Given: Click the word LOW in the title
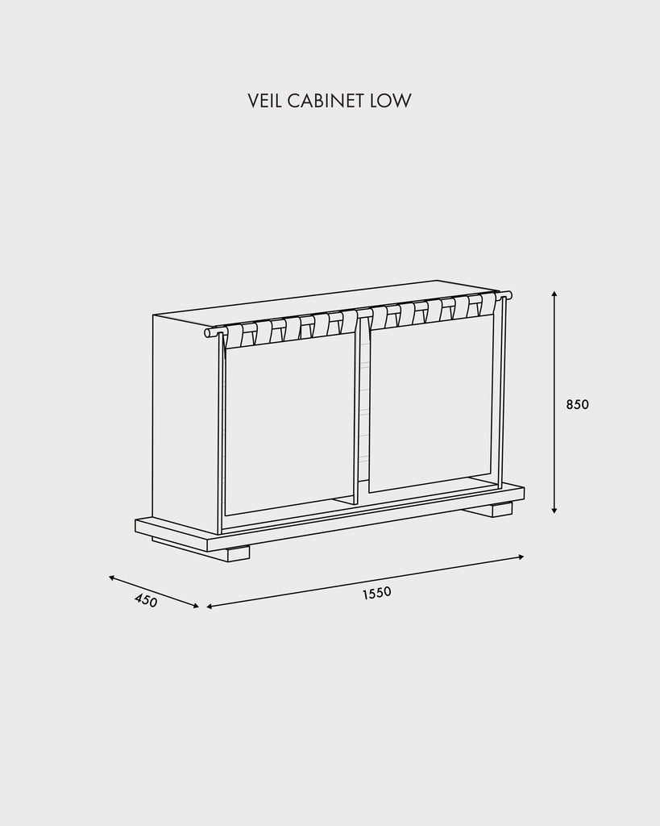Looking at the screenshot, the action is (391, 101).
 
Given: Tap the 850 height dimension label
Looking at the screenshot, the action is (577, 405).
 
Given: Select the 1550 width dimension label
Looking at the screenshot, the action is (377, 593).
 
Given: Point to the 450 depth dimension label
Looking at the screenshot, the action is (146, 600).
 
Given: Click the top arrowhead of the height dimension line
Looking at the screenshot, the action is (554, 294).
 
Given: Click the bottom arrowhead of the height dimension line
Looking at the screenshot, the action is (554, 510).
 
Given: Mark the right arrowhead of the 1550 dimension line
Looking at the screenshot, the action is (521, 557).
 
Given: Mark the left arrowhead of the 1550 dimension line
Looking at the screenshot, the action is (210, 607).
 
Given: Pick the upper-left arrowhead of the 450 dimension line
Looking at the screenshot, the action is (111, 578).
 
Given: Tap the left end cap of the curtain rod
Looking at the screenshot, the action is (207, 333).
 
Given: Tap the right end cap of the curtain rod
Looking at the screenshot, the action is (508, 294).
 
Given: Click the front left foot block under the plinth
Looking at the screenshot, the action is (239, 555).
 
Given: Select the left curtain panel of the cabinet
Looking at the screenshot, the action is (288, 421).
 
